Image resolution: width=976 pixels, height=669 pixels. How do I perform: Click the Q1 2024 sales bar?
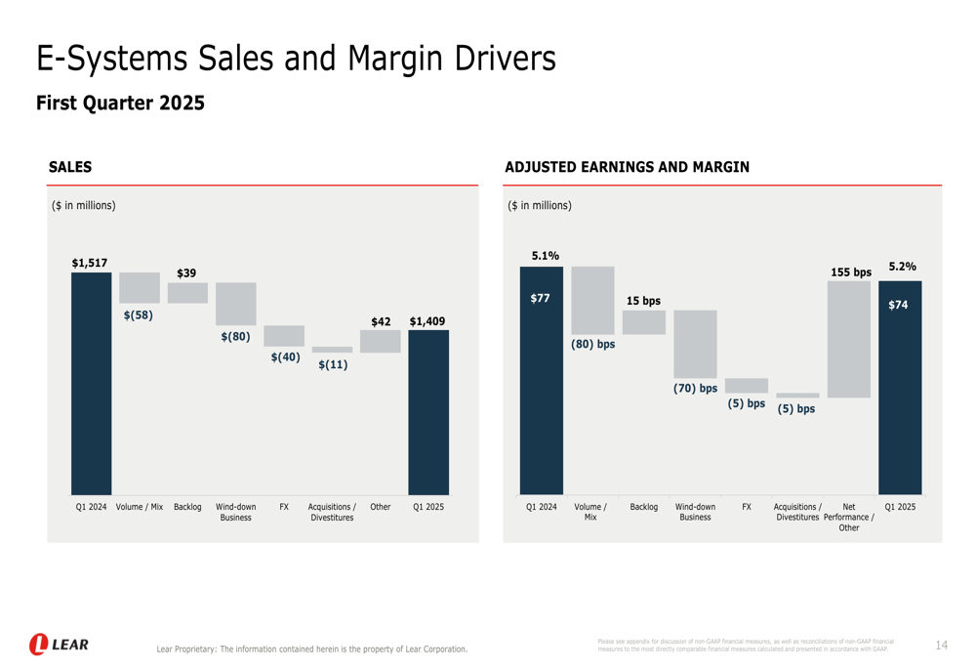click(x=91, y=383)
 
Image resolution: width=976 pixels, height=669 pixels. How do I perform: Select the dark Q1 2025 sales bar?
click(x=428, y=411)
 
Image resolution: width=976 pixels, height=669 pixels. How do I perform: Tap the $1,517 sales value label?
click(x=90, y=263)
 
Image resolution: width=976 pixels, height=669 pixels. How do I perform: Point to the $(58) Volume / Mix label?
click(x=139, y=315)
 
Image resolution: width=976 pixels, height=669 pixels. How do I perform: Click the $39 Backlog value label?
click(x=186, y=272)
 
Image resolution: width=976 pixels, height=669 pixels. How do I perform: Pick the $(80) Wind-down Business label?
click(x=235, y=337)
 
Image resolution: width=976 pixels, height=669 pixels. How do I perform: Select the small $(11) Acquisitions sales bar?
click(x=332, y=350)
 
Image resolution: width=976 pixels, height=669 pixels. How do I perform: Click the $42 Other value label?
click(x=381, y=321)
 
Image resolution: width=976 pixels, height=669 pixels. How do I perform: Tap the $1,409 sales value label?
click(x=427, y=321)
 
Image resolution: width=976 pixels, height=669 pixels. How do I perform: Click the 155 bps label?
click(x=850, y=272)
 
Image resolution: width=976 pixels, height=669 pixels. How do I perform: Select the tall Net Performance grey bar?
click(x=849, y=339)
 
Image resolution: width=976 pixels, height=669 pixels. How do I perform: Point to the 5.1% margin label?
click(x=546, y=256)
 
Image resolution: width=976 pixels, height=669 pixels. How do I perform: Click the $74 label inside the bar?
click(x=898, y=305)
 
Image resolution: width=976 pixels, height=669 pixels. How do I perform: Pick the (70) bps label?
click(x=695, y=389)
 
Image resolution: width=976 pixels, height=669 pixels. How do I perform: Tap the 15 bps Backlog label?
click(x=643, y=301)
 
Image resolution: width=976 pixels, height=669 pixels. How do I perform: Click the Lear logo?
click(x=59, y=645)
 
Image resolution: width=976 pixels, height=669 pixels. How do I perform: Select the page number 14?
click(x=941, y=646)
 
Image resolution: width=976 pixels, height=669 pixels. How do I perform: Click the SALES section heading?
click(x=70, y=167)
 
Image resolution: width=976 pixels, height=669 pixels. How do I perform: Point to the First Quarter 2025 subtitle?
click(x=120, y=103)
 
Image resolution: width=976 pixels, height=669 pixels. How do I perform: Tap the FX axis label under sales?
click(x=284, y=507)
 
